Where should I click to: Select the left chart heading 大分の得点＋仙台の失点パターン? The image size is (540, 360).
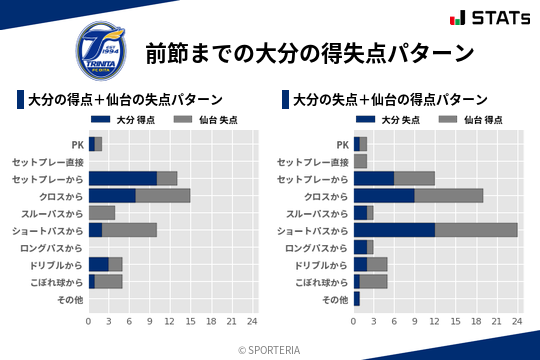124,100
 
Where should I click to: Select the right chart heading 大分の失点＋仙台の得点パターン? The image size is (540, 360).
389,100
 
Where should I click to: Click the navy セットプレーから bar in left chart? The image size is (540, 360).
123,178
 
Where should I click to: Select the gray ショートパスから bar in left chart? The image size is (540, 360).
129,230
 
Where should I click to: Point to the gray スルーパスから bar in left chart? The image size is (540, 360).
102,212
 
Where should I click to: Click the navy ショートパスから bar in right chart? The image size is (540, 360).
394,230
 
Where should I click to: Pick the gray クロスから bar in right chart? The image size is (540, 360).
449,195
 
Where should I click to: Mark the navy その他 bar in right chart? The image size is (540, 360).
356,299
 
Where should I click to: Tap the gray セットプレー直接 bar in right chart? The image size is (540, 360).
360,161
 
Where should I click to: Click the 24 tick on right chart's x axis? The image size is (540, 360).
517,321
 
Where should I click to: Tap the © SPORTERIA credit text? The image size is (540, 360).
270,350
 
